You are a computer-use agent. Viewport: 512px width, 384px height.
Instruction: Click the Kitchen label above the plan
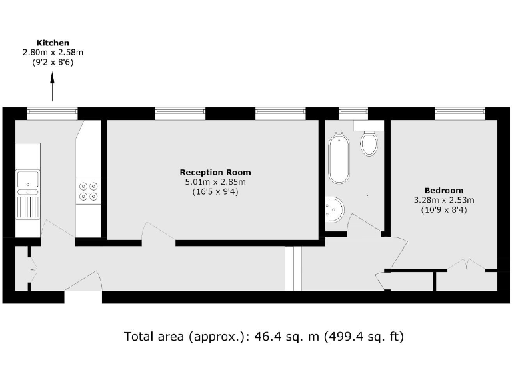(53, 42)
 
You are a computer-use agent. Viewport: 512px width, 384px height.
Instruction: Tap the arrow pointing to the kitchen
(53, 87)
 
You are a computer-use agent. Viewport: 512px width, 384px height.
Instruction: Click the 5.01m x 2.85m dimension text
(215, 182)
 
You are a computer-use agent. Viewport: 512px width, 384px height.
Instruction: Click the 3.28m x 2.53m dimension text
(443, 200)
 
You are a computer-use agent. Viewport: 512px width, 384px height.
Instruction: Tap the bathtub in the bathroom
(339, 157)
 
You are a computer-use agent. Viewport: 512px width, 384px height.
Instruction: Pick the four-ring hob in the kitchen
(88, 191)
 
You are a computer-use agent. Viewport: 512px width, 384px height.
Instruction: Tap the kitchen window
(52, 113)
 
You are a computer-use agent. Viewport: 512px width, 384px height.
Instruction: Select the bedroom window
(460, 113)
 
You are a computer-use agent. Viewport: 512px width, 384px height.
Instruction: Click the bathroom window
(353, 113)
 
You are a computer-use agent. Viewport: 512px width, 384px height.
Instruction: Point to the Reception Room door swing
(157, 233)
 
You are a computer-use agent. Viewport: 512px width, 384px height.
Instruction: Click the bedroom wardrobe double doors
(465, 265)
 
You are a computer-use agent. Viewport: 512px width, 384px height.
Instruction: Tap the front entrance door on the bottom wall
(83, 283)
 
